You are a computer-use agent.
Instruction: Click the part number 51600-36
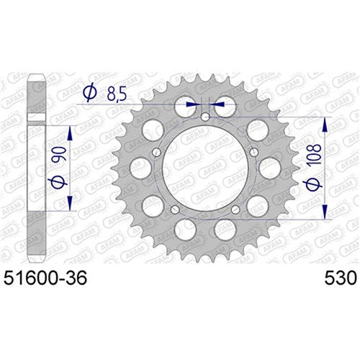pos(45,278)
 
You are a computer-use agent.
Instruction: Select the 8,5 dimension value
pos(117,94)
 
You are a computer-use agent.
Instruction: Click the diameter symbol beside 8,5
pos(90,93)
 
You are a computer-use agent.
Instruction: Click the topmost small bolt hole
pos(204,117)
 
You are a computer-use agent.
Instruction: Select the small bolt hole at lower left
pos(174,210)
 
